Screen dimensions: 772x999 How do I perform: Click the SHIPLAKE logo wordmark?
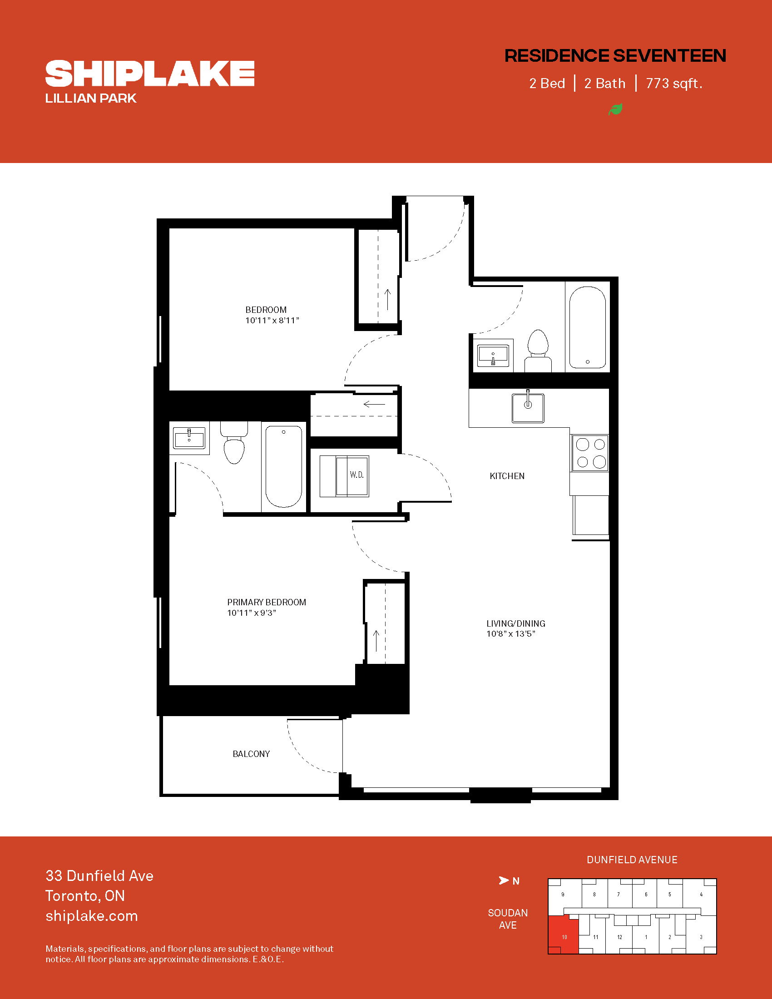(x=150, y=73)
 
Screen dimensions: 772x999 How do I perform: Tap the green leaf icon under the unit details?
(x=616, y=109)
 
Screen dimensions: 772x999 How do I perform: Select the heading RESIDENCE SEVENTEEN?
(x=615, y=56)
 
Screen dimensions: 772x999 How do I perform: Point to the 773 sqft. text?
(x=673, y=84)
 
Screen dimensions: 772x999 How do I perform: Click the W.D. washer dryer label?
(x=357, y=475)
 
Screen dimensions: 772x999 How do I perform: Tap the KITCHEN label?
(x=507, y=476)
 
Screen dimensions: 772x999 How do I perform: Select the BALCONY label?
(x=251, y=754)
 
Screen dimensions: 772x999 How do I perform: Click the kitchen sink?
(x=528, y=407)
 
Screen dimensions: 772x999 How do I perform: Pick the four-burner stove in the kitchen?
(x=590, y=453)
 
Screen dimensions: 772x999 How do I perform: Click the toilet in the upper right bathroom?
(x=538, y=351)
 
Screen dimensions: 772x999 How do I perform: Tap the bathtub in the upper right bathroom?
(x=588, y=327)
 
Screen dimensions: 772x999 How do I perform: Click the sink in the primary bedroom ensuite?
(x=189, y=438)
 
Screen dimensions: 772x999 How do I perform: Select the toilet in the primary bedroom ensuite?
(x=234, y=443)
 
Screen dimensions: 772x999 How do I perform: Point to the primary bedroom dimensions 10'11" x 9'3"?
(x=252, y=613)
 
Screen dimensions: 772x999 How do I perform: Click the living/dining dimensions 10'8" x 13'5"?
(x=511, y=634)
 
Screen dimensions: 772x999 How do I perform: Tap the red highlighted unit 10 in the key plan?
(x=564, y=935)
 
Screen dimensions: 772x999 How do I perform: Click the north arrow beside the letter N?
(x=504, y=880)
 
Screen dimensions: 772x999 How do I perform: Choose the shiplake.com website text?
(x=91, y=916)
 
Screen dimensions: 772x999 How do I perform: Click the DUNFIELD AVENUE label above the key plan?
(x=632, y=860)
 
